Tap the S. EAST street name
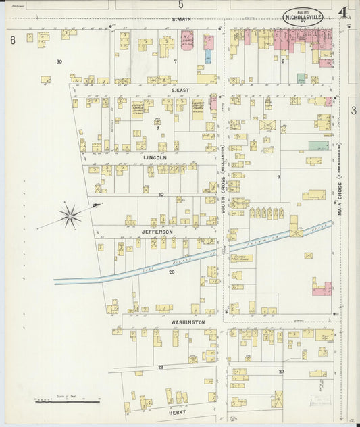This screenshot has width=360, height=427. [180, 89]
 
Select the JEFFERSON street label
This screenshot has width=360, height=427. [157, 231]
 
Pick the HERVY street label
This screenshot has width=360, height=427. [178, 411]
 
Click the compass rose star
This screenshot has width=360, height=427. [70, 216]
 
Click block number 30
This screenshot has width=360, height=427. [59, 61]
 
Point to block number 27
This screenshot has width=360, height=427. [282, 371]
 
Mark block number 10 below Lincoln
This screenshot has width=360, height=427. [161, 194]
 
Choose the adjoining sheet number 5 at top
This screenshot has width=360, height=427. [180, 5]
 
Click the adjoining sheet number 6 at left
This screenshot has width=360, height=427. [12, 41]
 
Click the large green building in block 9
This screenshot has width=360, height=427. [319, 145]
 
